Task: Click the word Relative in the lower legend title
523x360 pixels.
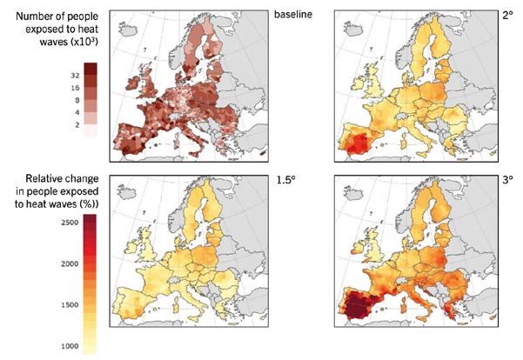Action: [31, 180]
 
